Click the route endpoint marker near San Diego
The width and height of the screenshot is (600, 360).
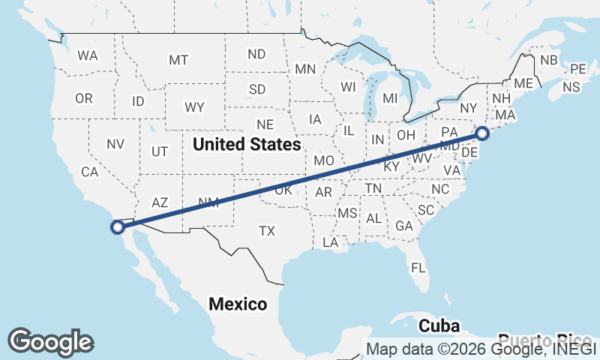[117, 226]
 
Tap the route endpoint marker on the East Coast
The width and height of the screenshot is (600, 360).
[482, 133]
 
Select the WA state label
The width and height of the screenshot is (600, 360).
[88, 55]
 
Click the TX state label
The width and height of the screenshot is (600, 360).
[267, 231]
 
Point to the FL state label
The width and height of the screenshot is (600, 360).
[418, 268]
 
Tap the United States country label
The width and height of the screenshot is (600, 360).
[246, 144]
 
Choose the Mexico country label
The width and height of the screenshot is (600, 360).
[238, 304]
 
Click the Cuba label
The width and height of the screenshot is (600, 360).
[439, 326]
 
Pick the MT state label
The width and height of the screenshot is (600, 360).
[178, 60]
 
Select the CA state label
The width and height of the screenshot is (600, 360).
[90, 172]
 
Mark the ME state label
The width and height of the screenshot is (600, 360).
[523, 83]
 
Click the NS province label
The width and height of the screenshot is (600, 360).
[571, 87]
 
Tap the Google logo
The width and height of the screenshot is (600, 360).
[50, 341]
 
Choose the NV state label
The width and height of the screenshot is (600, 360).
[115, 144]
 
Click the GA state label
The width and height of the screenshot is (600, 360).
[404, 226]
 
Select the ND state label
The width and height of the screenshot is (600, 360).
[256, 54]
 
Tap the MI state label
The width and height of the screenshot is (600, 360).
[390, 98]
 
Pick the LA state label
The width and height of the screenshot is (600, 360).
[330, 242]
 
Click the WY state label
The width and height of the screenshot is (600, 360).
[195, 107]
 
